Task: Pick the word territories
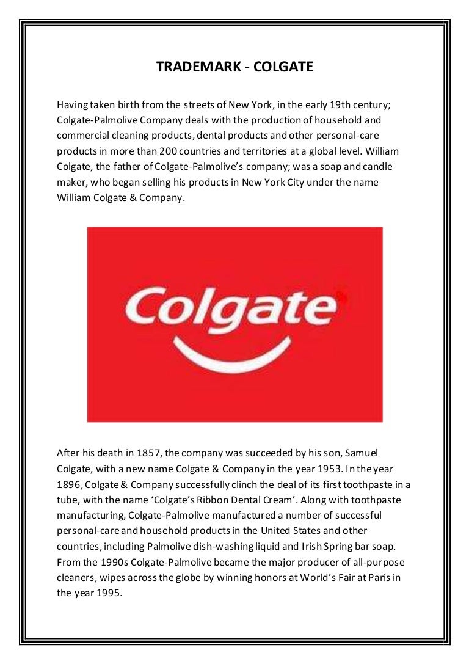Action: [x=263, y=151]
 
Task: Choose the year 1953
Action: [x=313, y=469]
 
